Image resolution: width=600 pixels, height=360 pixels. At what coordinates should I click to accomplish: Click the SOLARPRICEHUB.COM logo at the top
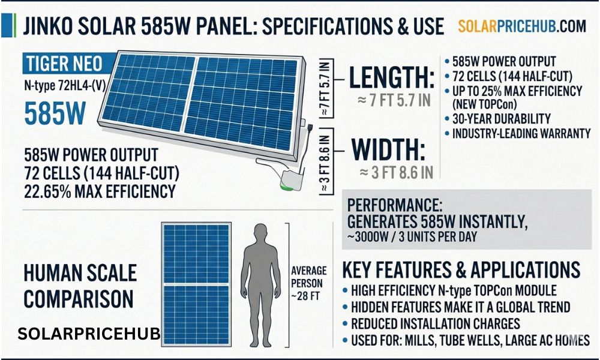(x=521, y=26)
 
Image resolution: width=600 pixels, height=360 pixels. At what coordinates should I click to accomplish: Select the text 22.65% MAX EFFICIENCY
(x=100, y=191)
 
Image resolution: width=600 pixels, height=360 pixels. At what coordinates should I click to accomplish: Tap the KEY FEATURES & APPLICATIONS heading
(x=461, y=269)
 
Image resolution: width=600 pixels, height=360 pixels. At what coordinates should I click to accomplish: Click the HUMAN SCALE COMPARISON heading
(x=79, y=287)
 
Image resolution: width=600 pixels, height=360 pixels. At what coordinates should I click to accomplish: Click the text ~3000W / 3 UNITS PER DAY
(x=412, y=236)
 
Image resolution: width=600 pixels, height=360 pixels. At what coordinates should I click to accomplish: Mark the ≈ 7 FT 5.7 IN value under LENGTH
(x=394, y=101)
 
